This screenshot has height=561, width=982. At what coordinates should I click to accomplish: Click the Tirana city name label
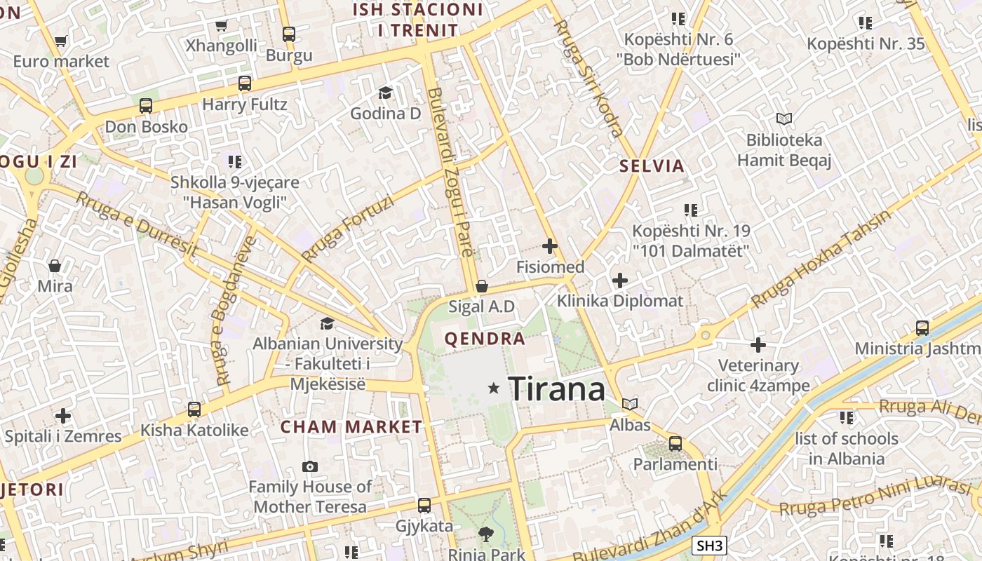tap(556, 388)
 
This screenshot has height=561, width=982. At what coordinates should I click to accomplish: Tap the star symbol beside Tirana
tap(494, 388)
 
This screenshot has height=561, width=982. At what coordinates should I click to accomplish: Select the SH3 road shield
tap(709, 546)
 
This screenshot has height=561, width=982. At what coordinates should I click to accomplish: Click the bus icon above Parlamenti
tap(675, 443)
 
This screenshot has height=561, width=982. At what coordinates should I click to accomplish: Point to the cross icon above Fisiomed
tap(550, 246)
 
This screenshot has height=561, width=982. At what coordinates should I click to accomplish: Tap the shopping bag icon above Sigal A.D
tap(482, 286)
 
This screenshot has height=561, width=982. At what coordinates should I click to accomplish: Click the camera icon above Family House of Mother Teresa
tap(309, 466)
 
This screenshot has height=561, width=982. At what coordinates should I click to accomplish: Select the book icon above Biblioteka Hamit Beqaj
tap(783, 119)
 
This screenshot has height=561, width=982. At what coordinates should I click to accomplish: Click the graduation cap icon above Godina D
tap(385, 93)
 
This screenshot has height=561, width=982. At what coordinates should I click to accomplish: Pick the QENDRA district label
tap(485, 339)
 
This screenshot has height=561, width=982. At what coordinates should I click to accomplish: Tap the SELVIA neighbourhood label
tap(652, 166)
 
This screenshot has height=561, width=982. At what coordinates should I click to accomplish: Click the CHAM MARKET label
tap(351, 427)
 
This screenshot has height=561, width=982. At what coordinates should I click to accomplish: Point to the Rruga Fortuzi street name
tap(347, 229)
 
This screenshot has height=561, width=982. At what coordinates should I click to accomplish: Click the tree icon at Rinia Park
tap(485, 535)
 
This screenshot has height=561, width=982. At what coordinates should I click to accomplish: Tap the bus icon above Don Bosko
tap(146, 106)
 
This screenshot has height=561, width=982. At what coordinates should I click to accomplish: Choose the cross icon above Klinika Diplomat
tap(620, 280)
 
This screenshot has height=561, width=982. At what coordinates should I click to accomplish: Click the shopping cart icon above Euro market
tap(60, 41)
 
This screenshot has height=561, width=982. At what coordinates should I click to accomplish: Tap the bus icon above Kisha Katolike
tap(194, 409)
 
